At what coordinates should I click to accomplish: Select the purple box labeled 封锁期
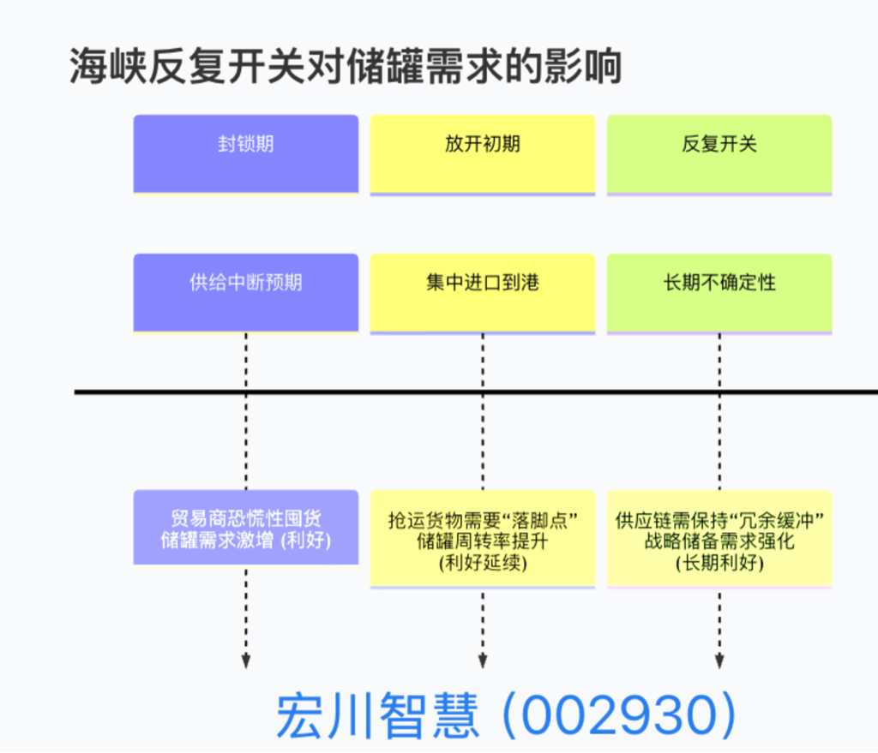[x=246, y=153]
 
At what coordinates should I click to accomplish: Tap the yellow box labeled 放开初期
[x=483, y=153]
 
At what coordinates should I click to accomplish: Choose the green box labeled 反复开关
[x=719, y=153]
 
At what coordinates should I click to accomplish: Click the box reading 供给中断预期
[x=246, y=291]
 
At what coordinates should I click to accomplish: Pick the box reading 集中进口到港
[x=483, y=291]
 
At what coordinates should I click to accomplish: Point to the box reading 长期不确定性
[x=719, y=291]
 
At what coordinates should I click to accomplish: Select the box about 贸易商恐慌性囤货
[x=246, y=528]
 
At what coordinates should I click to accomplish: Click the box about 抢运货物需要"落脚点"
[x=483, y=539]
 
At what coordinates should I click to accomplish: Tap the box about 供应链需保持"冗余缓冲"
[x=719, y=539]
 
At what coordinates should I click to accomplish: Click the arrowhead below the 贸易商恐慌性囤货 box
[x=246, y=661]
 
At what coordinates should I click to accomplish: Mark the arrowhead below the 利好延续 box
[x=483, y=661]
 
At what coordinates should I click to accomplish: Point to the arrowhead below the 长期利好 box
[x=719, y=661]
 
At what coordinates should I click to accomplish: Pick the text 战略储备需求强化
[x=719, y=541]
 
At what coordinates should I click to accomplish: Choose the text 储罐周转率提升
[x=483, y=541]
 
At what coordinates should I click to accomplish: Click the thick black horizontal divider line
[x=429, y=391]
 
